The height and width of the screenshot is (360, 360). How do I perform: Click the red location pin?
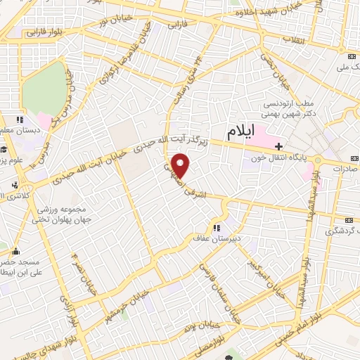tap(182, 166)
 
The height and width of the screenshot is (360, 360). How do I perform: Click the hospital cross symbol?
tap(280, 146)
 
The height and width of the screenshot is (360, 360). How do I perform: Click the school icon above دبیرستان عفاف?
tap(218, 226)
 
